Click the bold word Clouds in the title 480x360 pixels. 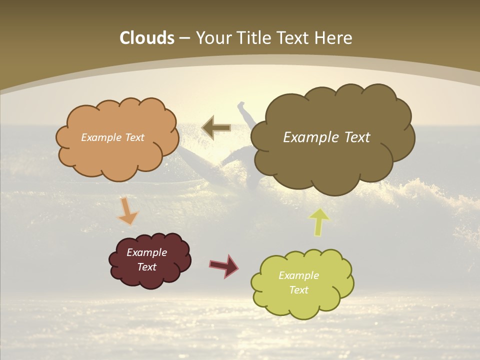point(147,38)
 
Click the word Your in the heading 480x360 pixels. point(213,38)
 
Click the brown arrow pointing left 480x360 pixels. point(216,127)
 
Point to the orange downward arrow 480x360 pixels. point(128,212)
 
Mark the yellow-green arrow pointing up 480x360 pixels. point(319,221)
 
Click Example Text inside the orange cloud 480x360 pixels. point(112,137)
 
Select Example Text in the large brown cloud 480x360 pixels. point(326,137)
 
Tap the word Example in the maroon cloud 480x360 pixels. point(146,252)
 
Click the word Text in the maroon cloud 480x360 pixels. point(146,267)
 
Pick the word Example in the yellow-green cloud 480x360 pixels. point(298,275)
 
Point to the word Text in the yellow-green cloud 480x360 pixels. point(298,290)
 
